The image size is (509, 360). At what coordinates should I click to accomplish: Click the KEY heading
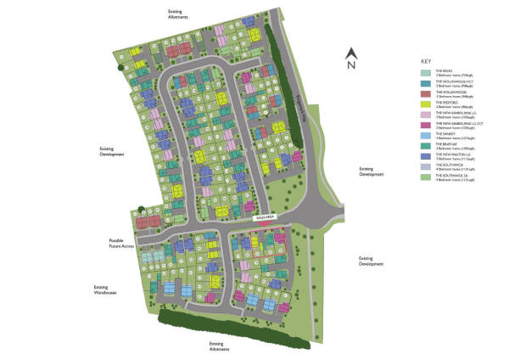426,61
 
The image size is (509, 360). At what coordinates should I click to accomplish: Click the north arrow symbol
350,52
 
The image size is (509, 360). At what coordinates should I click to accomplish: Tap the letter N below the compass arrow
350,65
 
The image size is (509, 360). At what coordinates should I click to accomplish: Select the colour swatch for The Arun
427,74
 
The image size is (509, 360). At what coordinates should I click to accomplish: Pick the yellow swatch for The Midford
427,104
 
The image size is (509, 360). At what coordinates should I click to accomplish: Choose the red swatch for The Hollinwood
427,94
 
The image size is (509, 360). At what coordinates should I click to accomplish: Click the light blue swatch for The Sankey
427,136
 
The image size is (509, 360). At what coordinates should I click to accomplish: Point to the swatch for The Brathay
427,146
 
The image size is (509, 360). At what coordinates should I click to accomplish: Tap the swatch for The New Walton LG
427,156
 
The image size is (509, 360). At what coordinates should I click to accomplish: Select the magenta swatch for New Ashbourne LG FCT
427,126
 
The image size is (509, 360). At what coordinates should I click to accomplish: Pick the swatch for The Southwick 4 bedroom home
427,166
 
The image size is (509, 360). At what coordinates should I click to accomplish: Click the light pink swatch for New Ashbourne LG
427,115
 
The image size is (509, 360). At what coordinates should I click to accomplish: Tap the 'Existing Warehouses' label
104,290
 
